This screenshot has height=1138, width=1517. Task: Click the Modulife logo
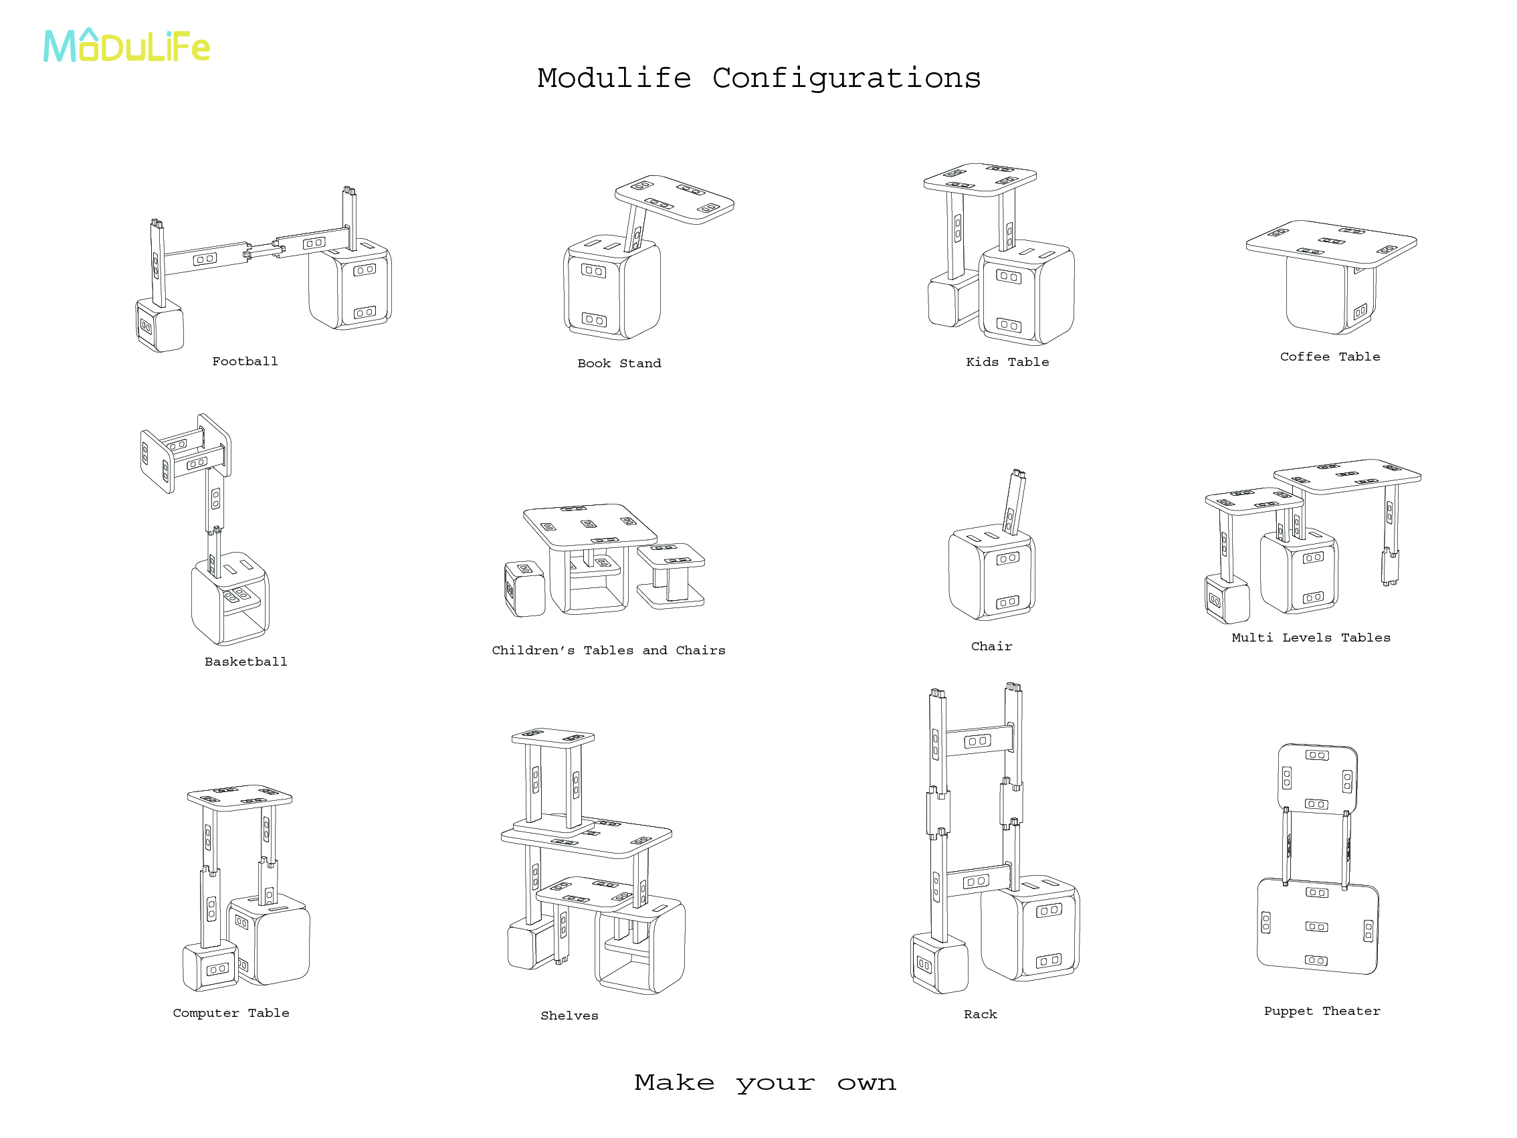(127, 47)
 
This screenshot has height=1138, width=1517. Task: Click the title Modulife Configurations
(758, 78)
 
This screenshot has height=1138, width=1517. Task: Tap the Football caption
(245, 361)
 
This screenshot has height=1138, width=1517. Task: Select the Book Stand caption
(619, 363)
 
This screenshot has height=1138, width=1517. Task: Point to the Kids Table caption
(1007, 362)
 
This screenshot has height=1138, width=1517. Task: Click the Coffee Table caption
(1329, 357)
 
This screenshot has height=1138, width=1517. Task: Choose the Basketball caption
(245, 662)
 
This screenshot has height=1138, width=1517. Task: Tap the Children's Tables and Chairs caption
(608, 650)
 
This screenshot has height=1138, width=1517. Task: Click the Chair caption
(991, 646)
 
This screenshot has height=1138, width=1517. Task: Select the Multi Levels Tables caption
(1310, 638)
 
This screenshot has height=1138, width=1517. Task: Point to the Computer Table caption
(231, 1013)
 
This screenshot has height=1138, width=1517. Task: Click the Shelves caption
(569, 1016)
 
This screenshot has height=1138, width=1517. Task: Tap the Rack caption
(980, 1014)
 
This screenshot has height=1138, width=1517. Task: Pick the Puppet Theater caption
(1322, 1011)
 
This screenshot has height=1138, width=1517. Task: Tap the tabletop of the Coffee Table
(1330, 242)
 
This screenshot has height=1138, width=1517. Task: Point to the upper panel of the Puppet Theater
(1317, 779)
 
